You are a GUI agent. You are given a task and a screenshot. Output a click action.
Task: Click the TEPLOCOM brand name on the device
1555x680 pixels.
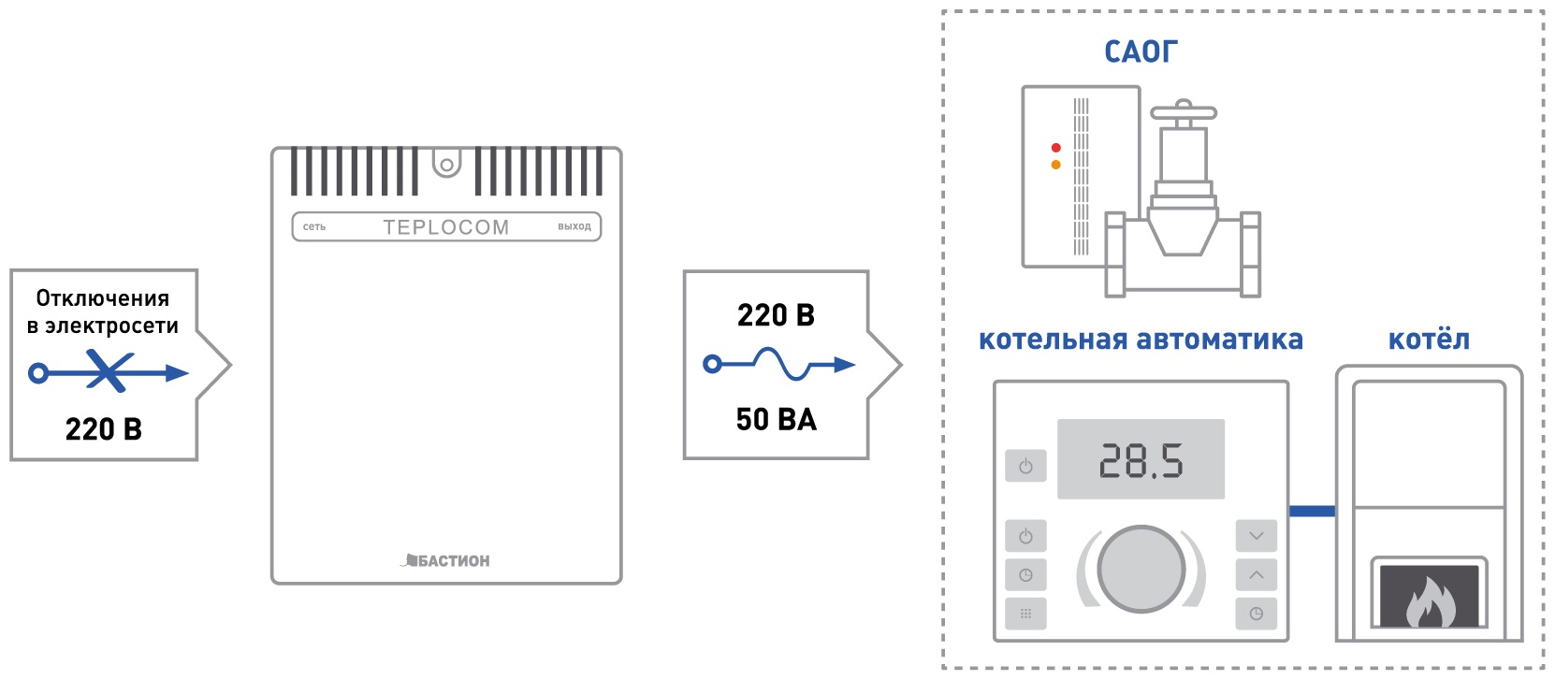[x=446, y=227]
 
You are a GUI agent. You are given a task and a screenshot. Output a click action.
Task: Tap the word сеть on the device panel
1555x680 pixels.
[x=313, y=227]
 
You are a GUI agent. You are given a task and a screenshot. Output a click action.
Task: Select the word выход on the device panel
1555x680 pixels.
[x=574, y=227]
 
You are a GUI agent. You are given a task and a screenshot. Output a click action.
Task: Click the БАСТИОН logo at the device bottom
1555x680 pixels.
[x=445, y=560]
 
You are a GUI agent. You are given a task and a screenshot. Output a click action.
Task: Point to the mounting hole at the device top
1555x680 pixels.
[x=447, y=166]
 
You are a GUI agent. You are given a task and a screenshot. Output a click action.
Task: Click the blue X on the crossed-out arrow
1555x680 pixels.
[x=109, y=371]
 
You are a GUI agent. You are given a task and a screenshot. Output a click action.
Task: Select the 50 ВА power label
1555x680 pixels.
[x=777, y=420]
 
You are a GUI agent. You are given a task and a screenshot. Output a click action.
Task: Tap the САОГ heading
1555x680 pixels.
[x=1141, y=52]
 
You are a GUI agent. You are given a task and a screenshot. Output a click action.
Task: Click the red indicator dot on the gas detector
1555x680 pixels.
[x=1056, y=148]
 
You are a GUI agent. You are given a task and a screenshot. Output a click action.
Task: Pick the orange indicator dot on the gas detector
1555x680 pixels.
[x=1056, y=166]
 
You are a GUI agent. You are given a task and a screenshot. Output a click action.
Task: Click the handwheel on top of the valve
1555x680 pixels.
[x=1184, y=111]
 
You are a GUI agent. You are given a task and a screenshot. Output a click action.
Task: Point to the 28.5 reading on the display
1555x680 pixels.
[x=1141, y=461]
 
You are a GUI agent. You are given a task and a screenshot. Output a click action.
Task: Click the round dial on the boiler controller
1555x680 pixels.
[x=1141, y=569]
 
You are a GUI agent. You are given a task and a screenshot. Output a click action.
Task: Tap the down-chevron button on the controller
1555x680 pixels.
[x=1257, y=536]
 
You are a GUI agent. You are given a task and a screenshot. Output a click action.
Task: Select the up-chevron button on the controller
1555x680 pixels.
[x=1257, y=574]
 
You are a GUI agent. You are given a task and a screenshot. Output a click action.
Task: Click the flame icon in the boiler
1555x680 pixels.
[x=1430, y=602]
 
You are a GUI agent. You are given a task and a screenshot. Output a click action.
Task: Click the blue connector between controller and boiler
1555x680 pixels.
[x=1312, y=512]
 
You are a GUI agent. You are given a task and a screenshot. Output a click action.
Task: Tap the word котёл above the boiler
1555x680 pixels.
[x=1429, y=340]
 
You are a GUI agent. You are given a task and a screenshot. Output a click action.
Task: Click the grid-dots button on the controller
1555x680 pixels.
[x=1026, y=614]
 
